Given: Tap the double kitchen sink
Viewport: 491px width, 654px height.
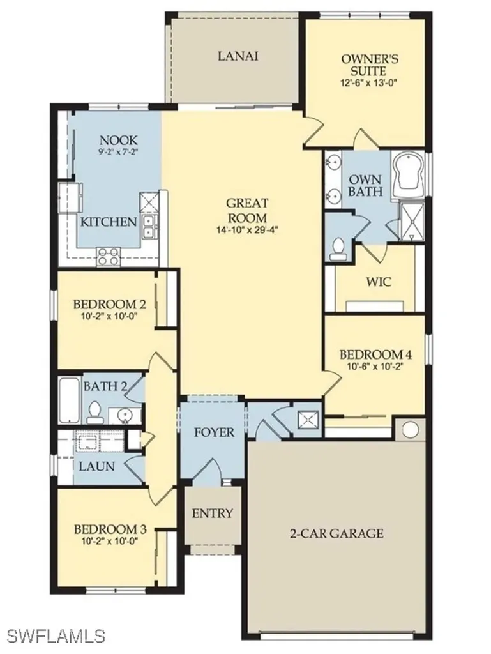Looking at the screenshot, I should pos(149,225).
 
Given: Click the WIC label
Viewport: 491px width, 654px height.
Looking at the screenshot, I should pos(361,282).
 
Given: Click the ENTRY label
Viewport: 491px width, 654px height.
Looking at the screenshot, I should pos(213,513).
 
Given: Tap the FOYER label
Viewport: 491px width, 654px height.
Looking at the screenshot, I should pos(214,432).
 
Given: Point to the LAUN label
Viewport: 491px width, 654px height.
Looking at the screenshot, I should pos(97,466).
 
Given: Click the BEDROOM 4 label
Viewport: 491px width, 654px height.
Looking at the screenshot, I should pos(370,355).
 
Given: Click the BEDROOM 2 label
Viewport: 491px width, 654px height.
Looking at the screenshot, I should pos(105,304).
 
